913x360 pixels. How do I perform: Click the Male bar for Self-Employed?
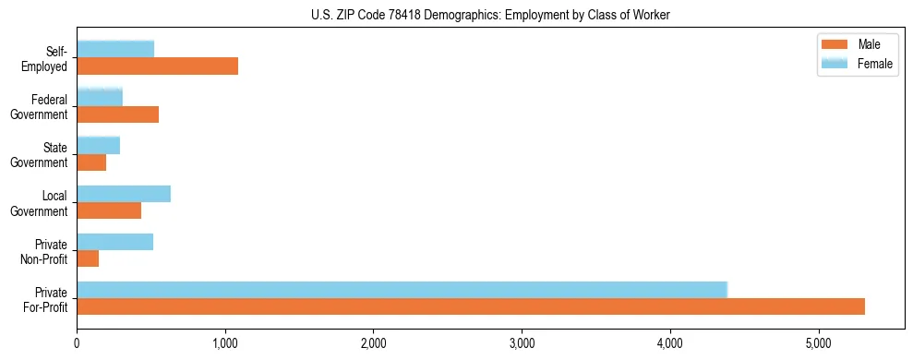tap(157, 66)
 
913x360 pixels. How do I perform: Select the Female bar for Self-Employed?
tap(115, 49)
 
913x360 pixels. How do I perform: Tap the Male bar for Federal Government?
tap(117, 114)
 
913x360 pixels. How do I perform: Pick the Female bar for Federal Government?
tap(100, 97)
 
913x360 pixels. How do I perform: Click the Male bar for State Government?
tap(91, 162)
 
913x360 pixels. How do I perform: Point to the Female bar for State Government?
tap(98, 145)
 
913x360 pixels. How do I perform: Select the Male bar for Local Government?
tap(109, 210)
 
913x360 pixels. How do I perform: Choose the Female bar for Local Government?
tap(124, 193)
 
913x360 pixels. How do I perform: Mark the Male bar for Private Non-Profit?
tap(88, 258)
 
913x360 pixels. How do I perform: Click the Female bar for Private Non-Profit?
tap(114, 242)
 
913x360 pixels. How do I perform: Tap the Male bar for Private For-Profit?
tap(471, 306)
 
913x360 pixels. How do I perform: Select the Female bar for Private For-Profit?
tap(402, 290)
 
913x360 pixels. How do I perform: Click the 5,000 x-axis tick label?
tap(819, 342)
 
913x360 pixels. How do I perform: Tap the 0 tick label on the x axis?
tap(77, 342)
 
